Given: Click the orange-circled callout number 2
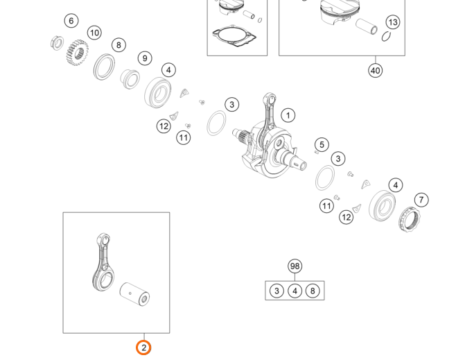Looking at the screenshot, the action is [143, 348].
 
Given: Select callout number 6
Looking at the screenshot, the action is [71, 21].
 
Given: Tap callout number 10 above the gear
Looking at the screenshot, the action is [94, 33].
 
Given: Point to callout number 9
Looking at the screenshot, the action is [145, 58].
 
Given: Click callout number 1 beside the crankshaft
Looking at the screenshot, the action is [288, 116].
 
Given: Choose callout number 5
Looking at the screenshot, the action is [322, 145].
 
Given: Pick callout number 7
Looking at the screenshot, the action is [421, 200].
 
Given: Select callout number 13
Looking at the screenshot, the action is [393, 22].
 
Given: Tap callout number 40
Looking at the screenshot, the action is [375, 71].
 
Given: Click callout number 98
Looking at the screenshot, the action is [295, 266].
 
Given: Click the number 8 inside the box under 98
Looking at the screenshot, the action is [313, 291].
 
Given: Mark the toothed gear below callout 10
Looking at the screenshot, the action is [78, 53].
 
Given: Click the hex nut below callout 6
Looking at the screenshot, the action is [57, 43].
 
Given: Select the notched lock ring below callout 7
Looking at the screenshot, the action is [410, 219].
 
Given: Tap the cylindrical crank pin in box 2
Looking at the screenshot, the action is [135, 294].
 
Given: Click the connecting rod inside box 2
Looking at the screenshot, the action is [103, 262].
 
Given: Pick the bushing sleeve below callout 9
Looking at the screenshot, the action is [130, 79].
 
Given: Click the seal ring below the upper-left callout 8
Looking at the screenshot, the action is [105, 67].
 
